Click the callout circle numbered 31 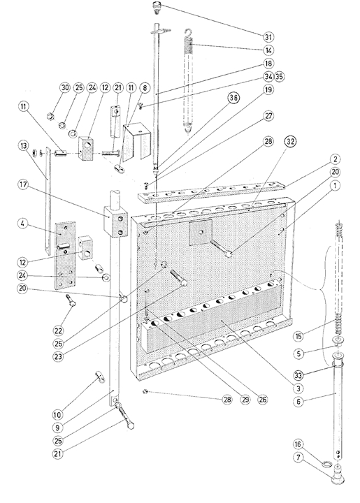[x=268, y=37]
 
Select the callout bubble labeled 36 [x=233, y=98]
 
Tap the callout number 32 [x=290, y=141]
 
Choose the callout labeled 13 [x=22, y=145]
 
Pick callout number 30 [x=65, y=87]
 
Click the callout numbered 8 [x=145, y=87]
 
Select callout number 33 [x=298, y=374]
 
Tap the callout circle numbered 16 [x=298, y=444]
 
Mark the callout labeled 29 [x=245, y=400]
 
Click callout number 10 [x=57, y=415]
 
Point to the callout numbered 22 [x=59, y=330]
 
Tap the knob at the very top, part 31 [x=157, y=7]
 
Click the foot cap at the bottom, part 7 [x=338, y=478]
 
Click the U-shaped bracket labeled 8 [x=137, y=142]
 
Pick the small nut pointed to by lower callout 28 [x=145, y=391]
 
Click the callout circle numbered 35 [x=280, y=77]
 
